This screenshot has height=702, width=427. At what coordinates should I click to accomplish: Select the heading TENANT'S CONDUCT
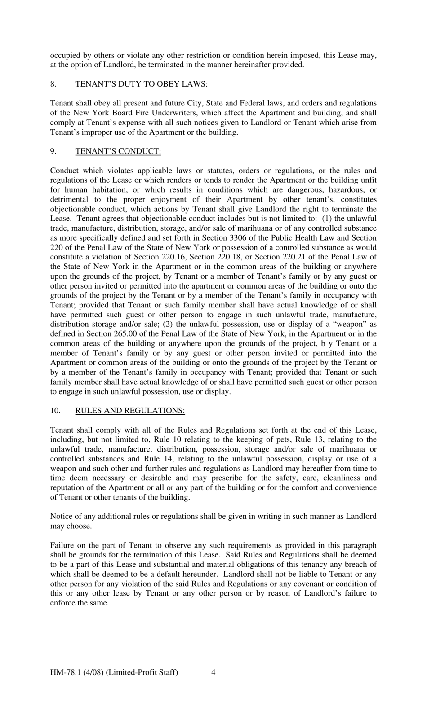(118, 151)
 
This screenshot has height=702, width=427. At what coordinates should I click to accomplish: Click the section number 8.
(53, 84)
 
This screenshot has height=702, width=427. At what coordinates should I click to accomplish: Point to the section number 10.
(55, 410)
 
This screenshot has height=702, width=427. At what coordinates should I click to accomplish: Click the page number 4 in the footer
(213, 672)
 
